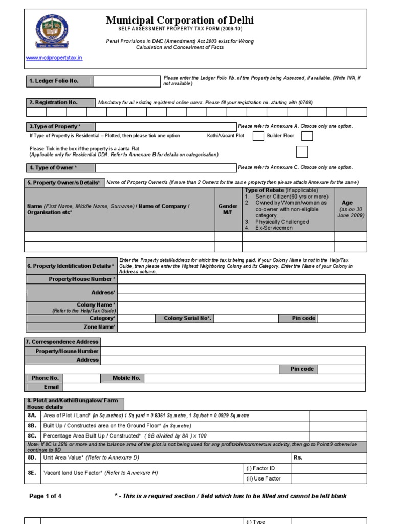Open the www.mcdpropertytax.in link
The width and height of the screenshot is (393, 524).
[x=54, y=58]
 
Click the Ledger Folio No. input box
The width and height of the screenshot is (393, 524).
[x=127, y=81]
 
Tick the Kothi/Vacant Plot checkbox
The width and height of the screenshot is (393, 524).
[x=258, y=136]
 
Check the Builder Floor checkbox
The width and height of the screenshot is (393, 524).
[x=307, y=136]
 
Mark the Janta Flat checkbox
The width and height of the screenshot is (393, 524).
[x=302, y=151]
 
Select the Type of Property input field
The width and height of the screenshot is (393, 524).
[x=165, y=126]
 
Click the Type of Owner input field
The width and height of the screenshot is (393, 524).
[x=165, y=168]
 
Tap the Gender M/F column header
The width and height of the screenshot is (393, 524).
[x=228, y=209]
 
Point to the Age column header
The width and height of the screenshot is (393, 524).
[x=351, y=209]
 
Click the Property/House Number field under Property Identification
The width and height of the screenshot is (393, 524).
[x=241, y=279]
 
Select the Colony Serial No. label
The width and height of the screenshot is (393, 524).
[x=187, y=318]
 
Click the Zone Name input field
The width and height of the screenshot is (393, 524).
[x=241, y=327]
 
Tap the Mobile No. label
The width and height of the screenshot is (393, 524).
[x=126, y=378]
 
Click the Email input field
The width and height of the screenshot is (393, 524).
[x=213, y=387]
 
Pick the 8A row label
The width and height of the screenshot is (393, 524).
[x=32, y=416]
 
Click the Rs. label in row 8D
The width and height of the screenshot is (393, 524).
[x=298, y=457]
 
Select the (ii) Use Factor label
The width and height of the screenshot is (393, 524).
[x=264, y=479]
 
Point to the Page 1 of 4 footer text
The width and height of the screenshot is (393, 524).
[x=46, y=496]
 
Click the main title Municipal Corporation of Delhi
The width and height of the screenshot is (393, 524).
[x=180, y=20]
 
